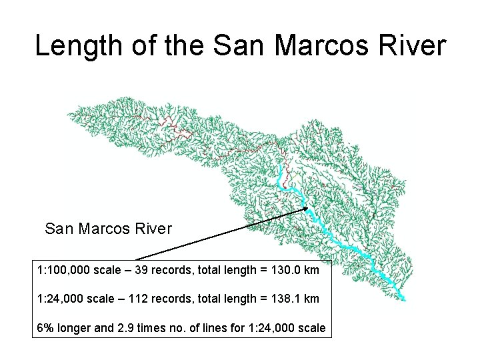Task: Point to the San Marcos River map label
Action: point(108,229)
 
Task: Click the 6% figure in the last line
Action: point(46,327)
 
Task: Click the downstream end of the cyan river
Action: point(404,298)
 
